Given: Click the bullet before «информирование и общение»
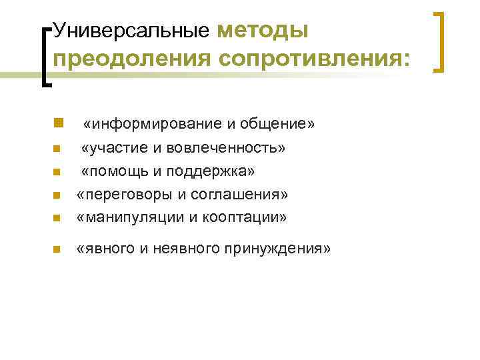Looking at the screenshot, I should pos(58,123).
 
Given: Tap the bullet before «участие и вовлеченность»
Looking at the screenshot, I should pos(57,148).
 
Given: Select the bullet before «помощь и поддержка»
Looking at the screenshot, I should pos(57,172).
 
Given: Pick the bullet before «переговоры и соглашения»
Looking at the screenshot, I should pos(57,195).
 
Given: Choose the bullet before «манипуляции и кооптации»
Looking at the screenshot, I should pos(57,218).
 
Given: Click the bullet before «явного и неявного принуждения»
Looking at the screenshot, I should pos(57,250).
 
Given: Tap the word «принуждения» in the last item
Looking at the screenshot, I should pos(283,249).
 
